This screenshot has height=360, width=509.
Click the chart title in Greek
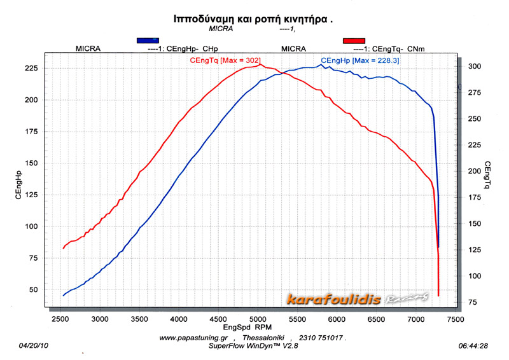click(x=254, y=19)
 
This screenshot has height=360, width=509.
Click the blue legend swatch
click(x=148, y=40)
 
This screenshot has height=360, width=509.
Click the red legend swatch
click(x=354, y=40)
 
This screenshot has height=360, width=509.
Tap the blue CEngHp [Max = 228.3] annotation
click(x=360, y=60)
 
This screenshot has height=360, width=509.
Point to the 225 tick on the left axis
click(x=30, y=68)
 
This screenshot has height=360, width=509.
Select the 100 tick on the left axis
click(x=30, y=226)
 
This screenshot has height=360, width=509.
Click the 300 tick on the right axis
click(x=474, y=66)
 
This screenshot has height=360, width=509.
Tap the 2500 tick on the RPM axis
click(x=60, y=318)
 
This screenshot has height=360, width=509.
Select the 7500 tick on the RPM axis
click(x=454, y=318)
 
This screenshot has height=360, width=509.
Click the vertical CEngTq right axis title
click(x=487, y=175)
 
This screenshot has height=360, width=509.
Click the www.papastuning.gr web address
click(x=192, y=338)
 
